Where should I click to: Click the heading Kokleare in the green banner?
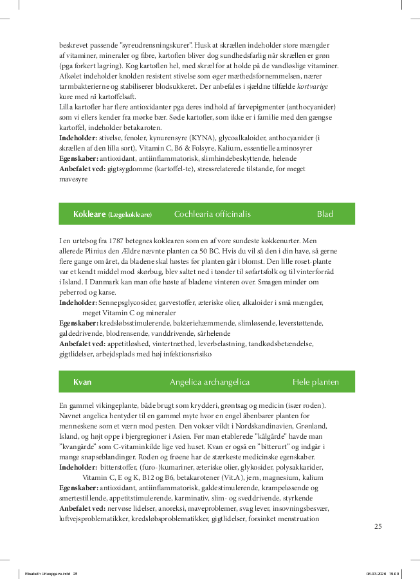coord(89,214)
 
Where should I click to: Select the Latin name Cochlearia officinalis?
coord(212,214)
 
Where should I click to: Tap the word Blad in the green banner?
coord(325,214)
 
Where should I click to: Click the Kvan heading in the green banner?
coord(82,382)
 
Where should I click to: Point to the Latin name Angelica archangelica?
coord(210,382)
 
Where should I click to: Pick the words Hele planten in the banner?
coord(315,382)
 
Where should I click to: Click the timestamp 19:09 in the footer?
coord(394,574)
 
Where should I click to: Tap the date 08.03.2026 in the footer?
coord(374,574)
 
